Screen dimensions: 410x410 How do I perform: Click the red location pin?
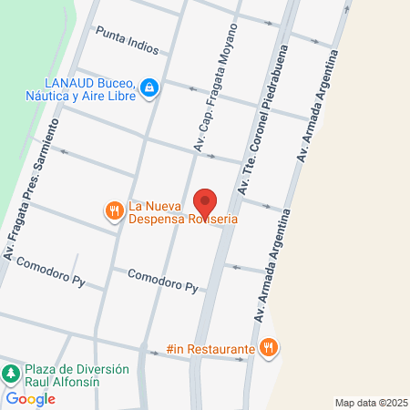205,202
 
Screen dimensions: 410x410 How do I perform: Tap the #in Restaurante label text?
210,348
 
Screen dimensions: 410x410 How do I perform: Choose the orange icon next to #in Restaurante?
268,347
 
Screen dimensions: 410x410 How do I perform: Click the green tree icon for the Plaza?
11,374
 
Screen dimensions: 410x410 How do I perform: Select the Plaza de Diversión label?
77,370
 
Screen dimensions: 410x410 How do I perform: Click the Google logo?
30,399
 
